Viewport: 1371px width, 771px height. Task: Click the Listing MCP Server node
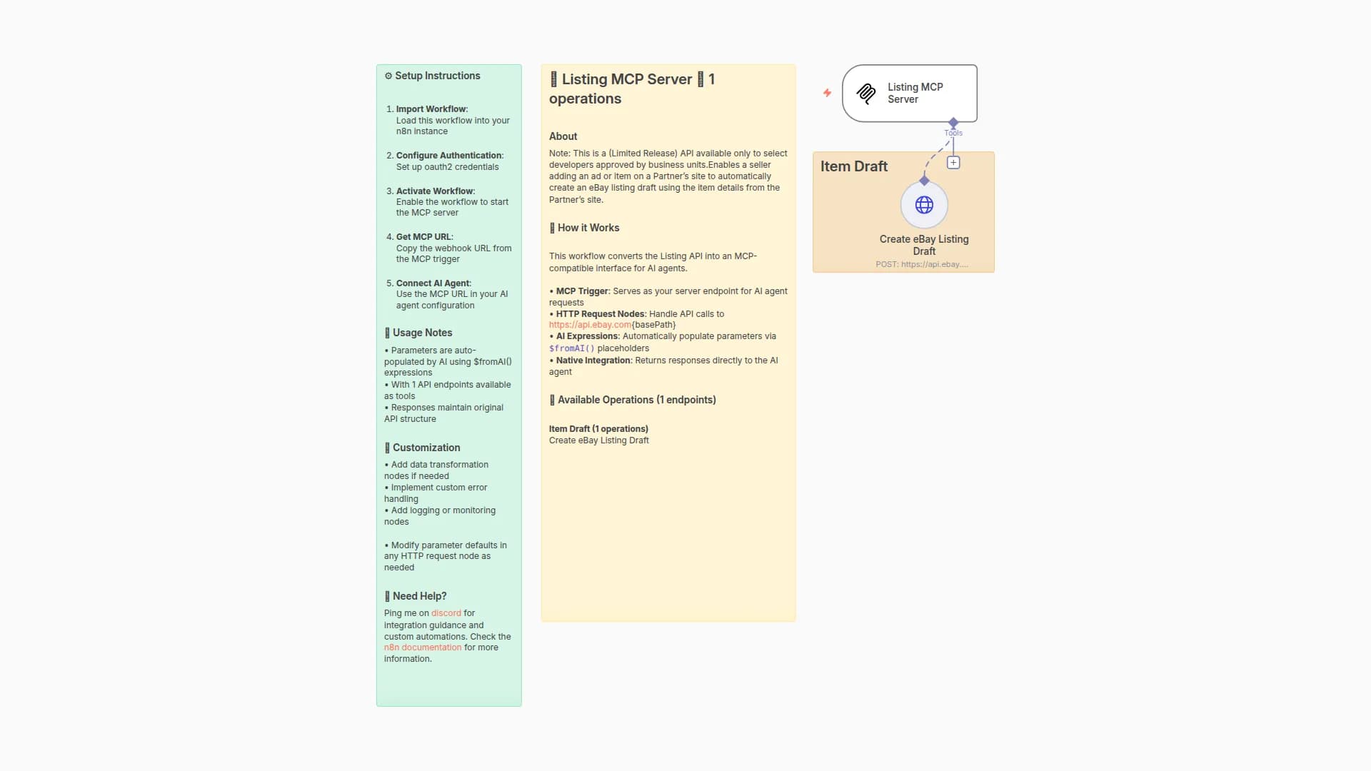909,94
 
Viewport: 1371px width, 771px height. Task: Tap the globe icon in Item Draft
924,205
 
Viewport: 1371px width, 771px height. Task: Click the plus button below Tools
953,163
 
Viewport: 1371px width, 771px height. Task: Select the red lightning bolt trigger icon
827,93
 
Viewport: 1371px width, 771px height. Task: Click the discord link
446,613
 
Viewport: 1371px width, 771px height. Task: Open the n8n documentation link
423,647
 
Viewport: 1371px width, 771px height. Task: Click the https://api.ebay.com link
590,325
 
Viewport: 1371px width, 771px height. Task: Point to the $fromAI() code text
571,348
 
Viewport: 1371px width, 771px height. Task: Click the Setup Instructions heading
437,76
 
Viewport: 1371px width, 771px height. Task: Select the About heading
563,136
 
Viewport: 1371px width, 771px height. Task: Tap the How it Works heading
588,228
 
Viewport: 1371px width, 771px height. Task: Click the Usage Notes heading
422,333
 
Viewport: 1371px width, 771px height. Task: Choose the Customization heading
426,448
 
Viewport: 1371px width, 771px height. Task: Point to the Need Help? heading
419,596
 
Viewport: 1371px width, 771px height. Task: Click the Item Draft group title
853,166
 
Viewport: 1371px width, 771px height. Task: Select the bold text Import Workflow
431,109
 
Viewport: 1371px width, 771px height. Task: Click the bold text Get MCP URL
423,237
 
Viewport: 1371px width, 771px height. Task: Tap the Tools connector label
953,133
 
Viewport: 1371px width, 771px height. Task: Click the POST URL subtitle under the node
922,264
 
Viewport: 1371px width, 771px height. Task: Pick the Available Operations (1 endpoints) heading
636,400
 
